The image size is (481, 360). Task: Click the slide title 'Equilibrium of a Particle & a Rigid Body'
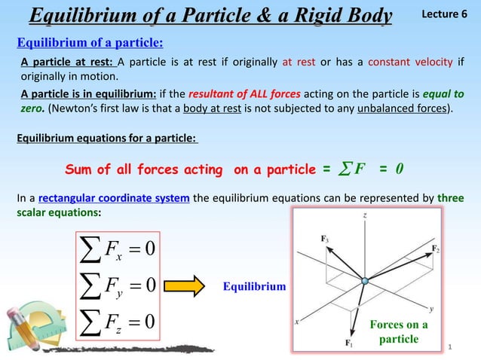tap(210, 15)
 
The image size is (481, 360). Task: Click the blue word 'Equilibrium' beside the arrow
tap(254, 286)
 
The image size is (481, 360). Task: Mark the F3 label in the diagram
tap(324, 238)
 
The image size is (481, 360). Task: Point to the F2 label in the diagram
tap(435, 247)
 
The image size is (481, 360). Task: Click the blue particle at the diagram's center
tap(365, 282)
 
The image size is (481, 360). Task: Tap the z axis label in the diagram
tap(364, 215)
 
